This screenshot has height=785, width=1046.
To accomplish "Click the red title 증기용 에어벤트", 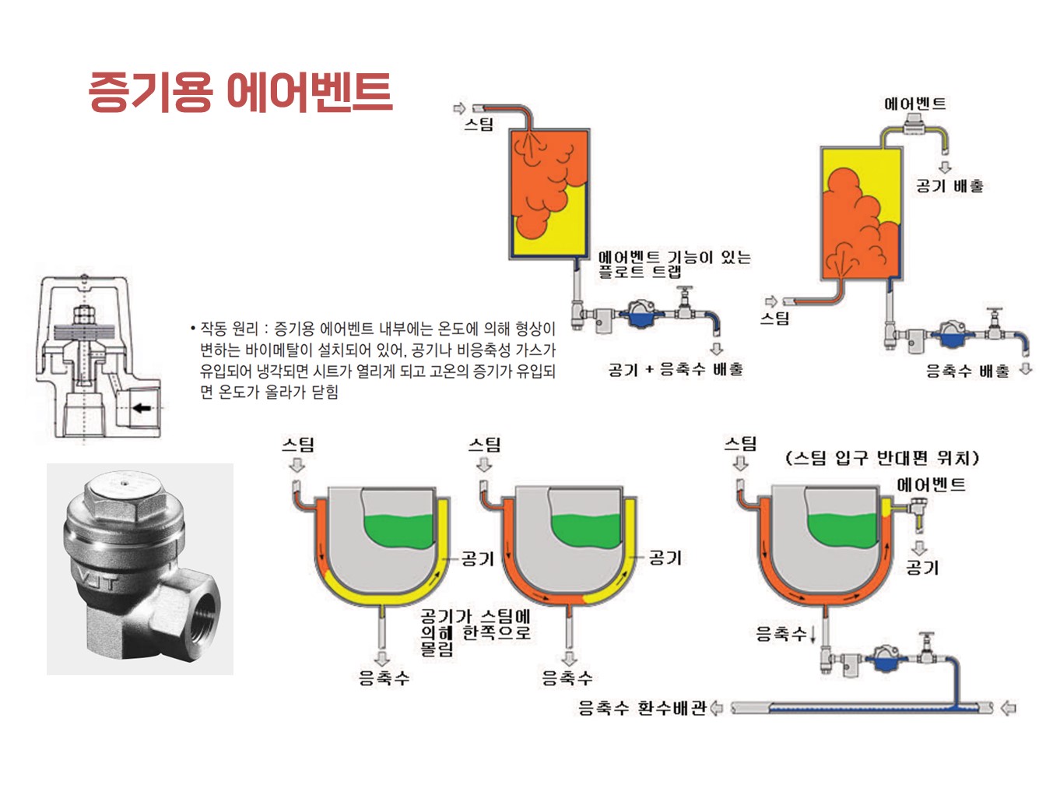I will point(240,92).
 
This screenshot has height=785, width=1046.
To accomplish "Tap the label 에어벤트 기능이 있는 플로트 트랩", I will point(674,264).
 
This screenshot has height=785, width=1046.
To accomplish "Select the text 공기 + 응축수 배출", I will point(676,369).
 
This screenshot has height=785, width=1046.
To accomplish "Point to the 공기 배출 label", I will point(949,185).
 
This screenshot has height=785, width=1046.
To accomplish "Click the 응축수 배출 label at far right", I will point(967,371).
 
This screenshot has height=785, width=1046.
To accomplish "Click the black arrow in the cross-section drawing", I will point(141,407).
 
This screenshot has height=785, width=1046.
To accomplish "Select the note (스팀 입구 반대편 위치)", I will point(882,457).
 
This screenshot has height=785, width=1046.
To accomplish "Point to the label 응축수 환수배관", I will point(642,708).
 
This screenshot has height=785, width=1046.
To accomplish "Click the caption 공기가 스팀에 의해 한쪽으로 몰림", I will point(476,633).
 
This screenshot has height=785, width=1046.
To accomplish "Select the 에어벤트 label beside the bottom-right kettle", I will point(931,484).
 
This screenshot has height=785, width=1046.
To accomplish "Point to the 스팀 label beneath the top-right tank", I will point(775,318).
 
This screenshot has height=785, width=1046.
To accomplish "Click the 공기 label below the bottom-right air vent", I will point(923,567).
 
